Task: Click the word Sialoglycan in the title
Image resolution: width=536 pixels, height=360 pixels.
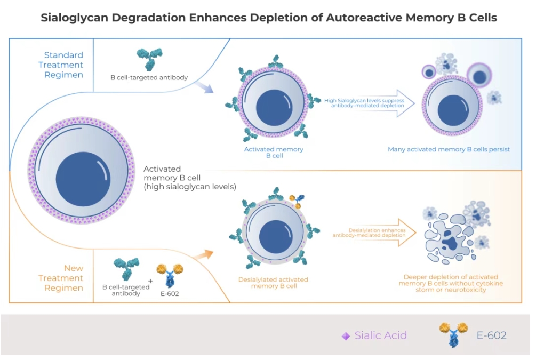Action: tap(76, 18)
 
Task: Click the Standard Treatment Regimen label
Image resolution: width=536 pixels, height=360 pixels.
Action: tap(63, 65)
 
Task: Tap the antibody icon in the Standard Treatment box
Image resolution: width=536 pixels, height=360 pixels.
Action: tap(149, 59)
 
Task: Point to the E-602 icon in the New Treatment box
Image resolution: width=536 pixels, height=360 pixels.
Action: tap(169, 275)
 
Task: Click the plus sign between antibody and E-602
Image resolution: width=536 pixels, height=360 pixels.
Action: tap(150, 281)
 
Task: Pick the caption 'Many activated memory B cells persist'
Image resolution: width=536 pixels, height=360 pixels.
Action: tap(449, 149)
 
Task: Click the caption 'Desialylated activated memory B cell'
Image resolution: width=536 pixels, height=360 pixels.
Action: tap(273, 283)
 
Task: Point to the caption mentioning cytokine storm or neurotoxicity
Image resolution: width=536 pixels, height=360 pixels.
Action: tap(451, 283)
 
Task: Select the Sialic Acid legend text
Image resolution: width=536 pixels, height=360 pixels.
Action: tap(381, 335)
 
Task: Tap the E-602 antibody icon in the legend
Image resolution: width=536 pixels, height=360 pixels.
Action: tap(453, 334)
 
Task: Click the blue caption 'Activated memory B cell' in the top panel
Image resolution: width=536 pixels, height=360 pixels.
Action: tap(274, 153)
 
